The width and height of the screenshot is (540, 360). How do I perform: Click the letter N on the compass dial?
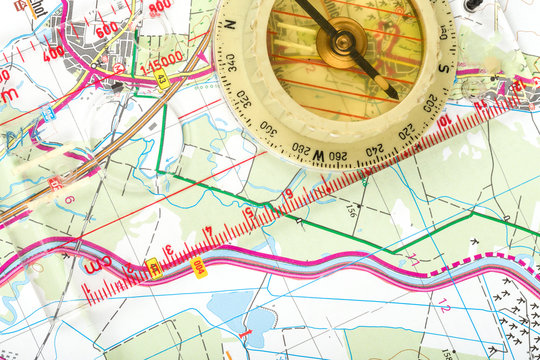(229, 23)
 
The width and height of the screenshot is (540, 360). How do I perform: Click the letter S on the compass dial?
(443, 69)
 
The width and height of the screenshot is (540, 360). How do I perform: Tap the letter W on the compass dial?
(318, 155)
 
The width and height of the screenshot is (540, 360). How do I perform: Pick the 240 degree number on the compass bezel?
(374, 149)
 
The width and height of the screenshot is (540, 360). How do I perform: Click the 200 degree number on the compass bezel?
(430, 103)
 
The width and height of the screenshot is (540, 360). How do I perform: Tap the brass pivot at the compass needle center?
(341, 40)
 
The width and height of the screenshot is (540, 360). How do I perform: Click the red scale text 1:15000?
(162, 57)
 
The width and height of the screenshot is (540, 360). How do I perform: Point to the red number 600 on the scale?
(107, 29)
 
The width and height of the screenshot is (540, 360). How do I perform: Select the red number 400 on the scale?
(53, 52)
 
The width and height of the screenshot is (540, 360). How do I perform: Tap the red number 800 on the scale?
(159, 8)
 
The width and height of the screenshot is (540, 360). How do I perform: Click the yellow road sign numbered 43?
(161, 78)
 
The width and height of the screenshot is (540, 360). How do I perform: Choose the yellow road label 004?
(198, 267)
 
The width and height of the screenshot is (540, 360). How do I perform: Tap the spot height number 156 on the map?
(351, 211)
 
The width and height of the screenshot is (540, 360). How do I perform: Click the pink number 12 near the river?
(443, 307)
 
